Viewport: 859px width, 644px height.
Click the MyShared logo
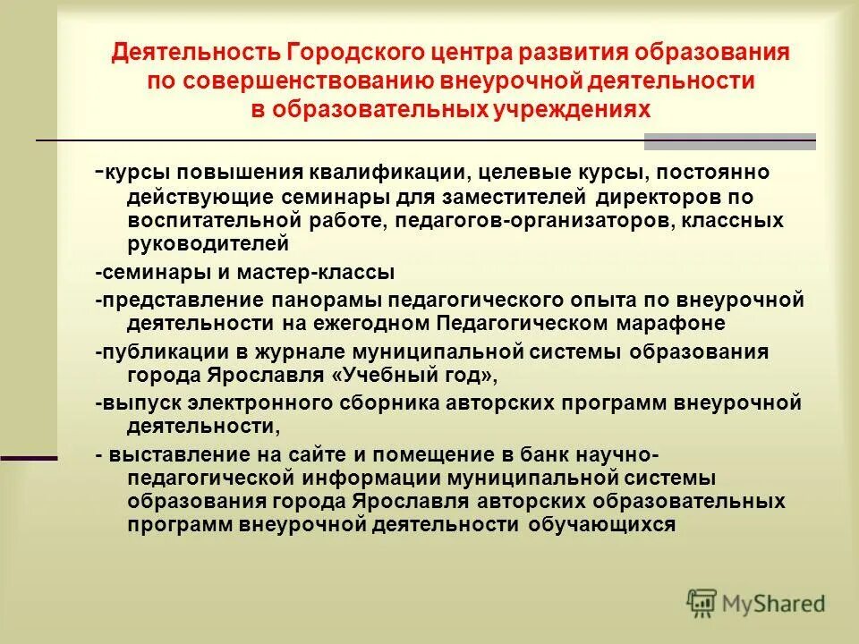(x=756, y=603)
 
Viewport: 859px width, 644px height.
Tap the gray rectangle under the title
(x=730, y=141)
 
